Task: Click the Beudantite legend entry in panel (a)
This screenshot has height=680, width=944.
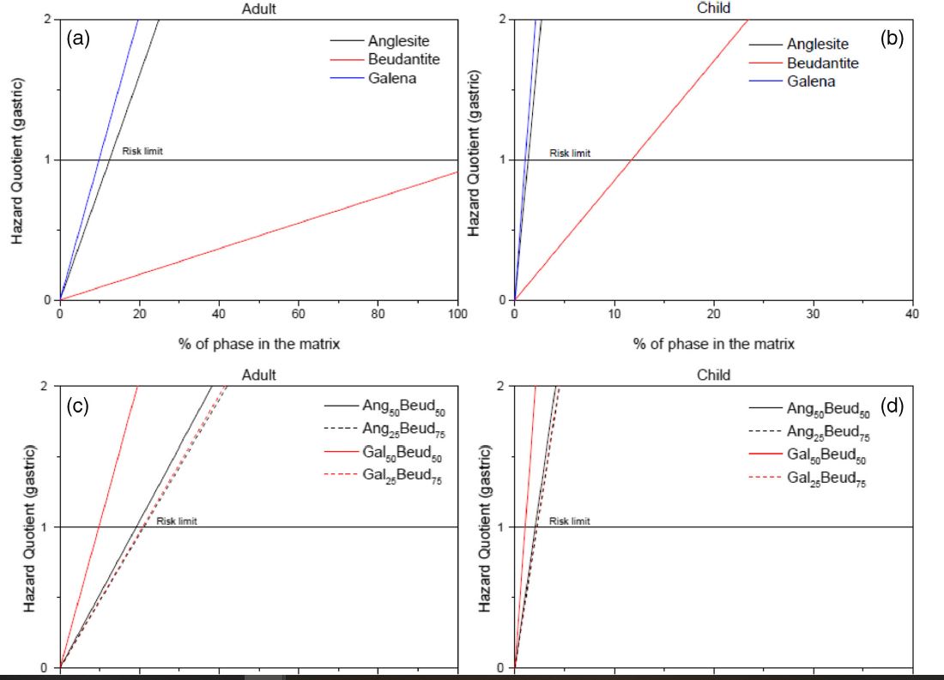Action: (x=404, y=60)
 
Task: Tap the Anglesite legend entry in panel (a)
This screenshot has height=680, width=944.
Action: (x=398, y=40)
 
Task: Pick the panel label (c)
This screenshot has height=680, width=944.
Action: (x=79, y=406)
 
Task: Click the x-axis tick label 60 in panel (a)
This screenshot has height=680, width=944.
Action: (x=299, y=315)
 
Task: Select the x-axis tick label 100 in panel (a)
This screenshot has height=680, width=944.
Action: (x=457, y=315)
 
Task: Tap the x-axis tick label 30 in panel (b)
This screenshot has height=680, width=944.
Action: (x=813, y=315)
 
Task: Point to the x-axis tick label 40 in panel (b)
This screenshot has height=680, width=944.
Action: (x=911, y=315)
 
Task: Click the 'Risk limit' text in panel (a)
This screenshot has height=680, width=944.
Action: (x=142, y=152)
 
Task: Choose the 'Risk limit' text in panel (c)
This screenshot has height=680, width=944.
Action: (x=177, y=521)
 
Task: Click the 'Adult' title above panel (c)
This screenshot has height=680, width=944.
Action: (x=259, y=375)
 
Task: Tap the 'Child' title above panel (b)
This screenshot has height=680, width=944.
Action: (x=714, y=8)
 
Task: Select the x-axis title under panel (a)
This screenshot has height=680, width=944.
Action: (x=259, y=344)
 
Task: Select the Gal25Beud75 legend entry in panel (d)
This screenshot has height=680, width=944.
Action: (x=829, y=478)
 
